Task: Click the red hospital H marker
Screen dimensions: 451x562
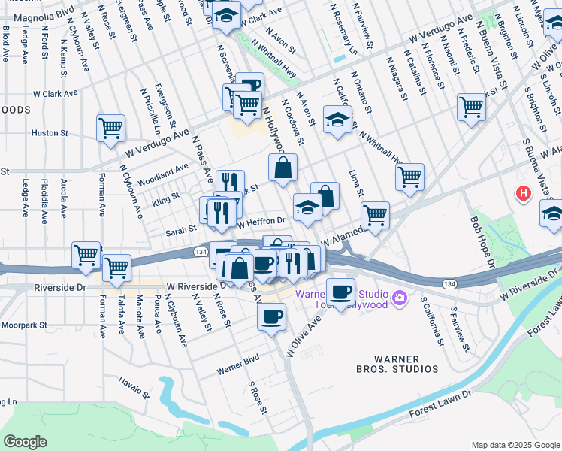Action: pyautogui.click(x=523, y=194)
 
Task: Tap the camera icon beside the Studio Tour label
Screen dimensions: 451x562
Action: pyautogui.click(x=400, y=299)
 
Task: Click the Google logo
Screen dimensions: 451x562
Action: pyautogui.click(x=25, y=442)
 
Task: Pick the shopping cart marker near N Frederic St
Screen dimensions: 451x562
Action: pyautogui.click(x=471, y=106)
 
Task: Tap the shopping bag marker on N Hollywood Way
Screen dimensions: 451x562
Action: pyautogui.click(x=283, y=168)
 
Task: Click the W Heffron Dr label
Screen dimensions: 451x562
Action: pyautogui.click(x=261, y=222)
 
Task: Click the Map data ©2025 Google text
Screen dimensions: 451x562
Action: pyautogui.click(x=515, y=443)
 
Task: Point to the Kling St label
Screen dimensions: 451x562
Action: pyautogui.click(x=165, y=198)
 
